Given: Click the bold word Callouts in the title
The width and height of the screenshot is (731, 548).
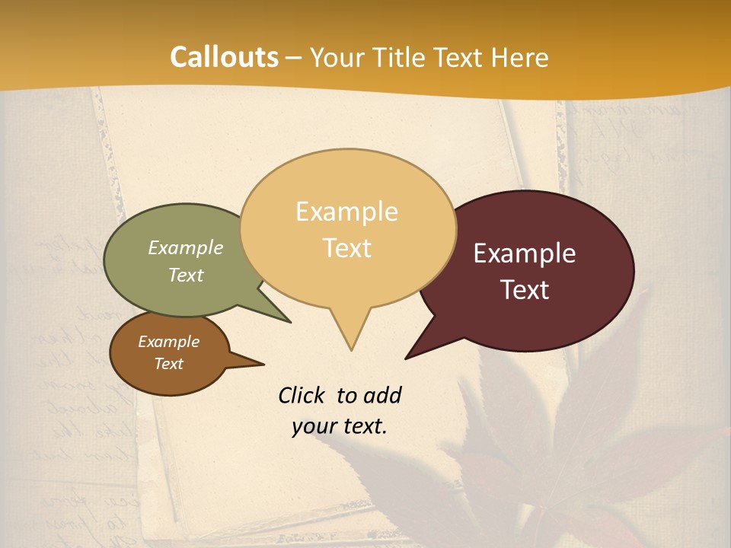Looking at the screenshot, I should (224, 57).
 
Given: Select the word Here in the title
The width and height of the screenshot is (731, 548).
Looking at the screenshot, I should (519, 57).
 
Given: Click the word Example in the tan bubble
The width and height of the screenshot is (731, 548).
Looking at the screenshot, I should (346, 212).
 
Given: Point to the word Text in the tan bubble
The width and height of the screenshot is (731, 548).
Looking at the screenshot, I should (347, 248).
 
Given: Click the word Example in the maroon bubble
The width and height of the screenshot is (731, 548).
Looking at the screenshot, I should (525, 253).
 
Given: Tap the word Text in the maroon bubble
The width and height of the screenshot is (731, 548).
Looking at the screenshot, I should (525, 290).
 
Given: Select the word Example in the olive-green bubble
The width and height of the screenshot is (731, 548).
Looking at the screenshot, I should (186, 247).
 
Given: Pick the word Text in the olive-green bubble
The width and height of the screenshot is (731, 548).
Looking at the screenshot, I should (186, 275).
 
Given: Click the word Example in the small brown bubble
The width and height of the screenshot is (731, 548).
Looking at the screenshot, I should (168, 342).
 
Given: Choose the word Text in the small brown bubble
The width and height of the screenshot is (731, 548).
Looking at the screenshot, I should (169, 364).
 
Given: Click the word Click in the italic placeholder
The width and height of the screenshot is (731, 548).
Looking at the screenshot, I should (302, 395).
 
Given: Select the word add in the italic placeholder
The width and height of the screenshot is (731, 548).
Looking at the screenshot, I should (381, 395).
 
